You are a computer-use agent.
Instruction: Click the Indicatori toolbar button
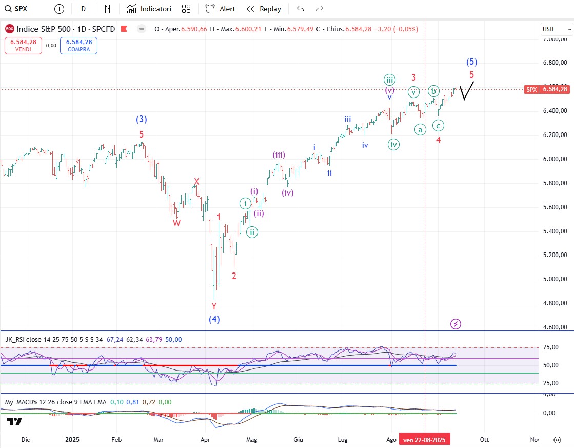pyautogui.click(x=149, y=9)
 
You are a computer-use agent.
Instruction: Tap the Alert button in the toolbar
pyautogui.click(x=220, y=9)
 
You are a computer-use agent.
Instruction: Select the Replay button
pyautogui.click(x=264, y=9)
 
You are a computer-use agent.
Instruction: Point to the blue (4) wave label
pyautogui.click(x=214, y=319)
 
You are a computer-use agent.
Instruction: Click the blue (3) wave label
pyautogui.click(x=142, y=120)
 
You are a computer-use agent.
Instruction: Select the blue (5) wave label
pyautogui.click(x=472, y=62)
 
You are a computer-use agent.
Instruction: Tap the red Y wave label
pyautogui.click(x=214, y=306)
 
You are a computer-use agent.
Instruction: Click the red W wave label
pyautogui.click(x=176, y=223)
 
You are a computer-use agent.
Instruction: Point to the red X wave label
pyautogui.click(x=196, y=182)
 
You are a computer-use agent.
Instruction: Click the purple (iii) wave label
pyautogui.click(x=279, y=155)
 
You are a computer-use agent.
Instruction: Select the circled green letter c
pyautogui.click(x=438, y=125)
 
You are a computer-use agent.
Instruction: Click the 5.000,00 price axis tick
pyautogui.click(x=555, y=279)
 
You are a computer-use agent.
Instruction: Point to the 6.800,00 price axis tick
pyautogui.click(x=555, y=63)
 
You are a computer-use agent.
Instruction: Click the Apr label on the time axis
pyautogui.click(x=205, y=439)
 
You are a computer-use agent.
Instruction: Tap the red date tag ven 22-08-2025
pyautogui.click(x=425, y=440)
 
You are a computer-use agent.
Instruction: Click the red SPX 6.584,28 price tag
pyautogui.click(x=547, y=89)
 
